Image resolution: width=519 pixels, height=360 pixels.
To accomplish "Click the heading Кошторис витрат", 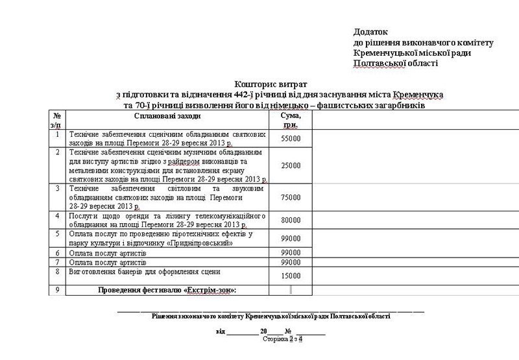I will pyautogui.click(x=271, y=84).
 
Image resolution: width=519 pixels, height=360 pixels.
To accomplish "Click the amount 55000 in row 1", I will pyautogui.click(x=290, y=139).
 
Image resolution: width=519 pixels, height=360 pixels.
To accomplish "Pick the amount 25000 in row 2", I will pyautogui.click(x=290, y=165).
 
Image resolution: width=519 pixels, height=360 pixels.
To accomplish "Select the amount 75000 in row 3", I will pyautogui.click(x=290, y=197).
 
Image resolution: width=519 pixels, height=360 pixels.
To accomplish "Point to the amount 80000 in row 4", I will pyautogui.click(x=290, y=220).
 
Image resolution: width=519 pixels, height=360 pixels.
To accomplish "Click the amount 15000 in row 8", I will pyautogui.click(x=290, y=276).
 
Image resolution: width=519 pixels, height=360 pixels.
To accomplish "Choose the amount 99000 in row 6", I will pyautogui.click(x=290, y=252).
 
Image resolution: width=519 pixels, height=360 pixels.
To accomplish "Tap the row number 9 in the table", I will pyautogui.click(x=58, y=289).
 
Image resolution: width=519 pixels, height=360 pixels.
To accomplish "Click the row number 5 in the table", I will pyautogui.click(x=58, y=233).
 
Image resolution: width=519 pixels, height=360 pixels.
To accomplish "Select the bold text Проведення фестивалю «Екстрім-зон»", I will pyautogui.click(x=167, y=290).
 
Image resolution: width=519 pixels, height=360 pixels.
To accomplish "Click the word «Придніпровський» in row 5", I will pyautogui.click(x=200, y=243).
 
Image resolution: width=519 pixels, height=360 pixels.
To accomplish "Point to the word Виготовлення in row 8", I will pyautogui.click(x=91, y=272).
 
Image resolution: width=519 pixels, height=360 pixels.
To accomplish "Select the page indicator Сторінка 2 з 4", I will pyautogui.click(x=284, y=338).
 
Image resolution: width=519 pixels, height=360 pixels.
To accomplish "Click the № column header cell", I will pyautogui.click(x=58, y=119).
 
